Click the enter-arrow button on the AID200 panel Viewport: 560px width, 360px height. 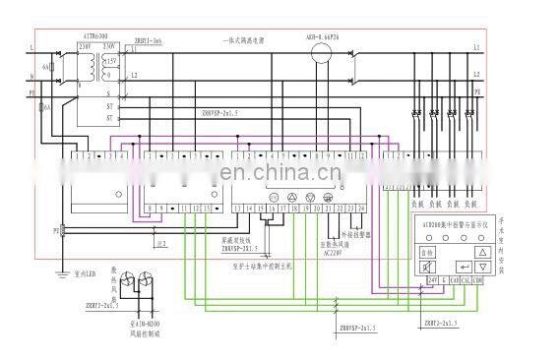click(463, 266)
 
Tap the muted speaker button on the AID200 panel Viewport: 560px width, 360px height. click(426, 266)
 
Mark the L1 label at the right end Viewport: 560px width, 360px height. click(476, 47)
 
